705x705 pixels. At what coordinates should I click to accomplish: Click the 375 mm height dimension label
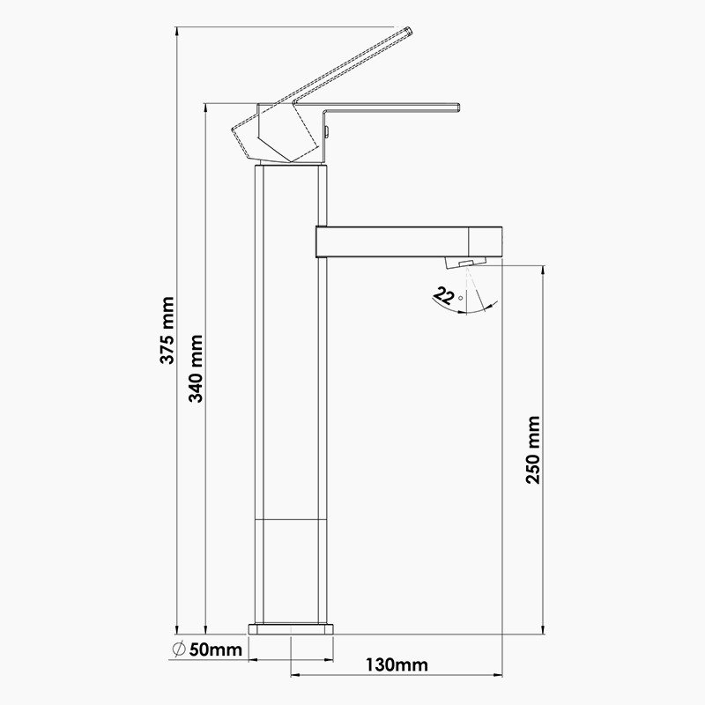pos(167,330)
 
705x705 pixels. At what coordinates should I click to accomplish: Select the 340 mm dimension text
pos(196,368)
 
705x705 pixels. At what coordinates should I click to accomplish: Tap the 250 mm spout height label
pos(533,449)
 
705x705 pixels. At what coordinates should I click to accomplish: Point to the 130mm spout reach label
pos(397,664)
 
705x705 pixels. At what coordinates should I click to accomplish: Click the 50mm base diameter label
pos(215,649)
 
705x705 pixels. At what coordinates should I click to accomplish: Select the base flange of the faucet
pos(291,628)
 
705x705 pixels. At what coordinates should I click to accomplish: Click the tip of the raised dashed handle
pos(409,31)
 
